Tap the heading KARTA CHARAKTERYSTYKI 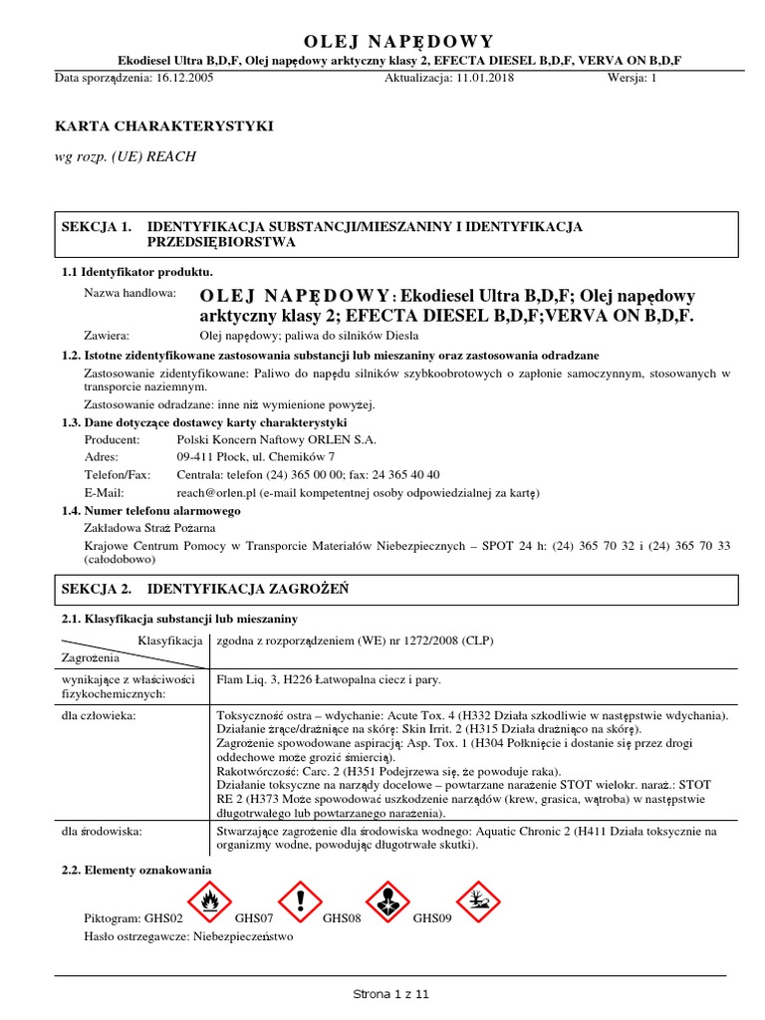162,127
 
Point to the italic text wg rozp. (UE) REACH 125,156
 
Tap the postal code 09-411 196,456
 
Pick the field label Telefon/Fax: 118,474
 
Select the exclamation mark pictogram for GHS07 300,901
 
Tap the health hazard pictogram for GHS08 388,901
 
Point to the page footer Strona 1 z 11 390,994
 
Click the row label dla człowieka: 99,715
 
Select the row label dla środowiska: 101,830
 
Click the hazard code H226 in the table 299,679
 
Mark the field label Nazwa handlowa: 129,294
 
